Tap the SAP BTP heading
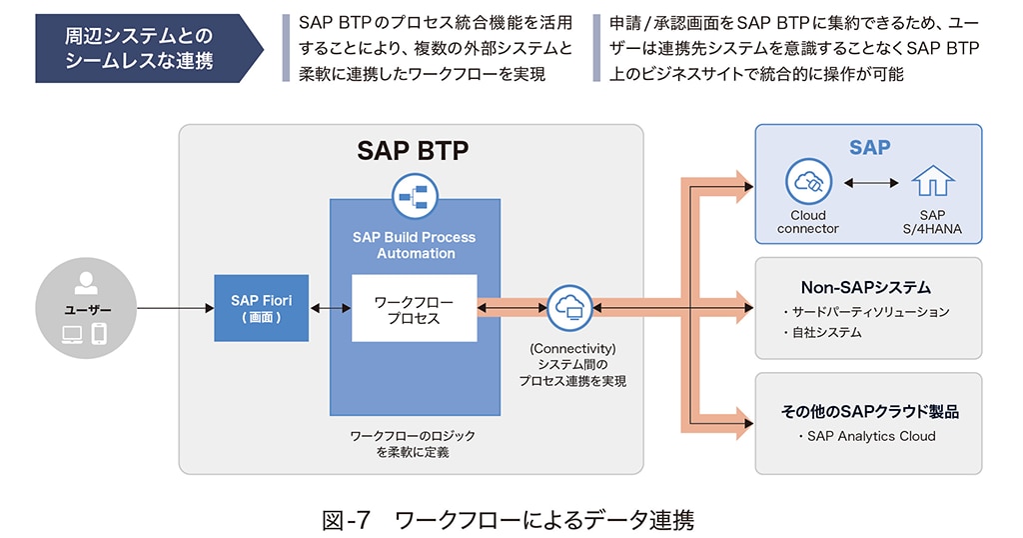[x=413, y=151]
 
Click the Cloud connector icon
[x=807, y=183]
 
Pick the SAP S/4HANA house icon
[x=932, y=183]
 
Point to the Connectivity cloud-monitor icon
[x=571, y=306]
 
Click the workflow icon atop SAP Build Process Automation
[x=414, y=197]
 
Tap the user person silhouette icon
[x=86, y=283]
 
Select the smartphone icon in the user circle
[x=99, y=334]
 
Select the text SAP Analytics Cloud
[x=870, y=436]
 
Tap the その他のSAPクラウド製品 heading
[x=869, y=411]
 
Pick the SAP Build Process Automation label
[x=414, y=245]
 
